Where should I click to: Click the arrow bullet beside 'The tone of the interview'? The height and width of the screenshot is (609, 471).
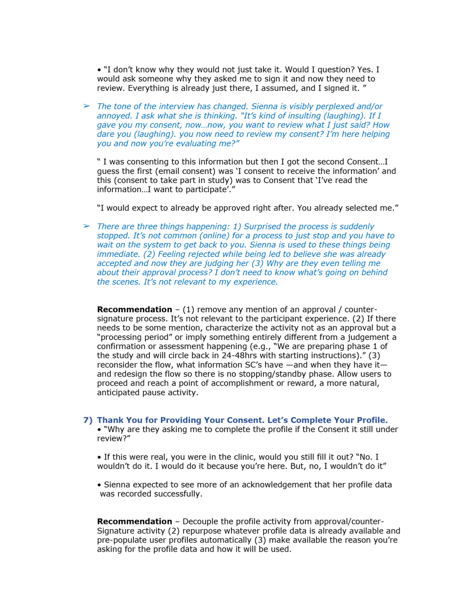[x=86, y=106]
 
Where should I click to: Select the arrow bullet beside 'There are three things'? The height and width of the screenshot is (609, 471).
[x=86, y=226]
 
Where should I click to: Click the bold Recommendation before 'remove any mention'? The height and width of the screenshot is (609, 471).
[x=134, y=310]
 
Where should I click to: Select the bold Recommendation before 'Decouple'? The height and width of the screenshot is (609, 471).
[x=134, y=522]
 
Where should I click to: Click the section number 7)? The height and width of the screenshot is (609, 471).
[x=88, y=420]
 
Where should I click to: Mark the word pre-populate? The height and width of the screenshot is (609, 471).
[x=122, y=540]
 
